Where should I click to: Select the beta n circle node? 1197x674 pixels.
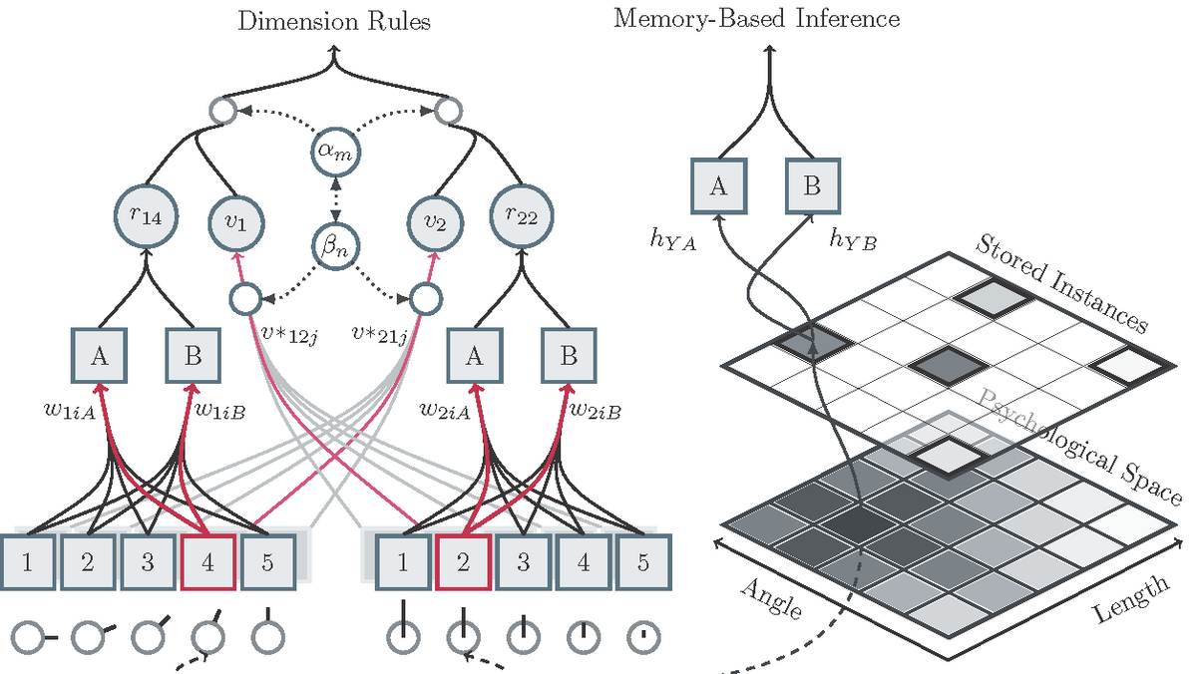click(x=335, y=244)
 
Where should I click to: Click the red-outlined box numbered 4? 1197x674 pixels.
click(x=207, y=561)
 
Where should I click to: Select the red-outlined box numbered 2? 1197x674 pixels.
click(x=462, y=561)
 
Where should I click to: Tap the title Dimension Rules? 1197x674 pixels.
click(x=334, y=21)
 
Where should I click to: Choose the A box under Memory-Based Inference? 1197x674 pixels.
click(x=717, y=187)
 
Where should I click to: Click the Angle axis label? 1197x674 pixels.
click(x=771, y=598)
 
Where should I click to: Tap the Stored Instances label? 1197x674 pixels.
click(x=1061, y=282)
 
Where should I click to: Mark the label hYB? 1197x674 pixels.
click(x=852, y=240)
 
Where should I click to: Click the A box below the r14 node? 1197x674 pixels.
click(x=100, y=357)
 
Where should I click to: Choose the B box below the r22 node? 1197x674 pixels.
click(x=569, y=357)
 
